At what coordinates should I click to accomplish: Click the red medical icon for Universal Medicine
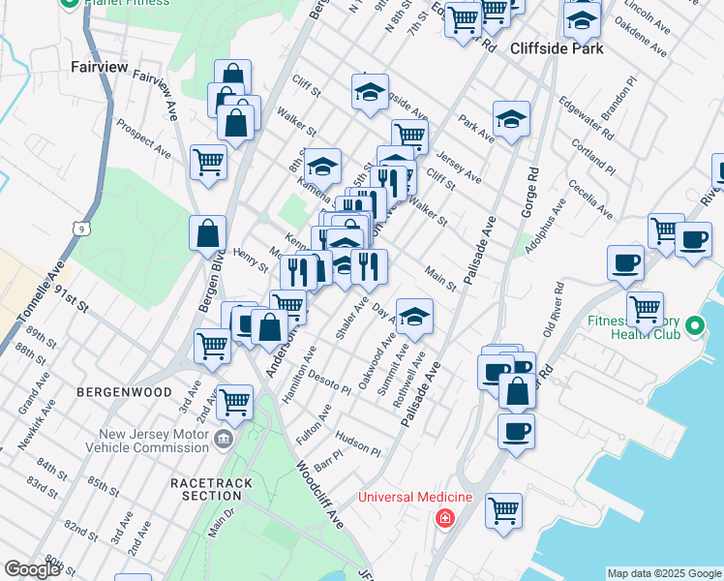coord(444,518)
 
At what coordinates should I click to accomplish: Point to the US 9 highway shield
coord(77,227)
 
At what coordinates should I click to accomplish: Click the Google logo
coord(33,569)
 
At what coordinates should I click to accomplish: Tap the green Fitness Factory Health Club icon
coord(693,329)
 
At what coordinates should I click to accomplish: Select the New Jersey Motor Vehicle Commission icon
coord(224,439)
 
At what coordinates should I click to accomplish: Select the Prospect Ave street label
coord(144,138)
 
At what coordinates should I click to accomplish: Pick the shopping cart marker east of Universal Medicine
coord(503,509)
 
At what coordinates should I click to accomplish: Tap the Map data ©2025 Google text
coord(664,573)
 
